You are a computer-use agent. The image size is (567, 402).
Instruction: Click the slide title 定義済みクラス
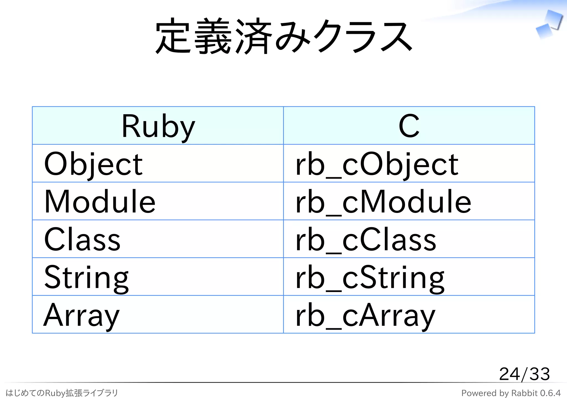283,36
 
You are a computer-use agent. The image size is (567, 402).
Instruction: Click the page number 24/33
524,374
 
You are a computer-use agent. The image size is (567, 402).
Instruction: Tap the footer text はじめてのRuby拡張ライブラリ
62,393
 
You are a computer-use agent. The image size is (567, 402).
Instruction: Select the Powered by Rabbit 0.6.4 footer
511,393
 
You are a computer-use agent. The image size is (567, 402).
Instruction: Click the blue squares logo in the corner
549,24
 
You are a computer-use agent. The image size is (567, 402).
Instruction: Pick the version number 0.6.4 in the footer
550,393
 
